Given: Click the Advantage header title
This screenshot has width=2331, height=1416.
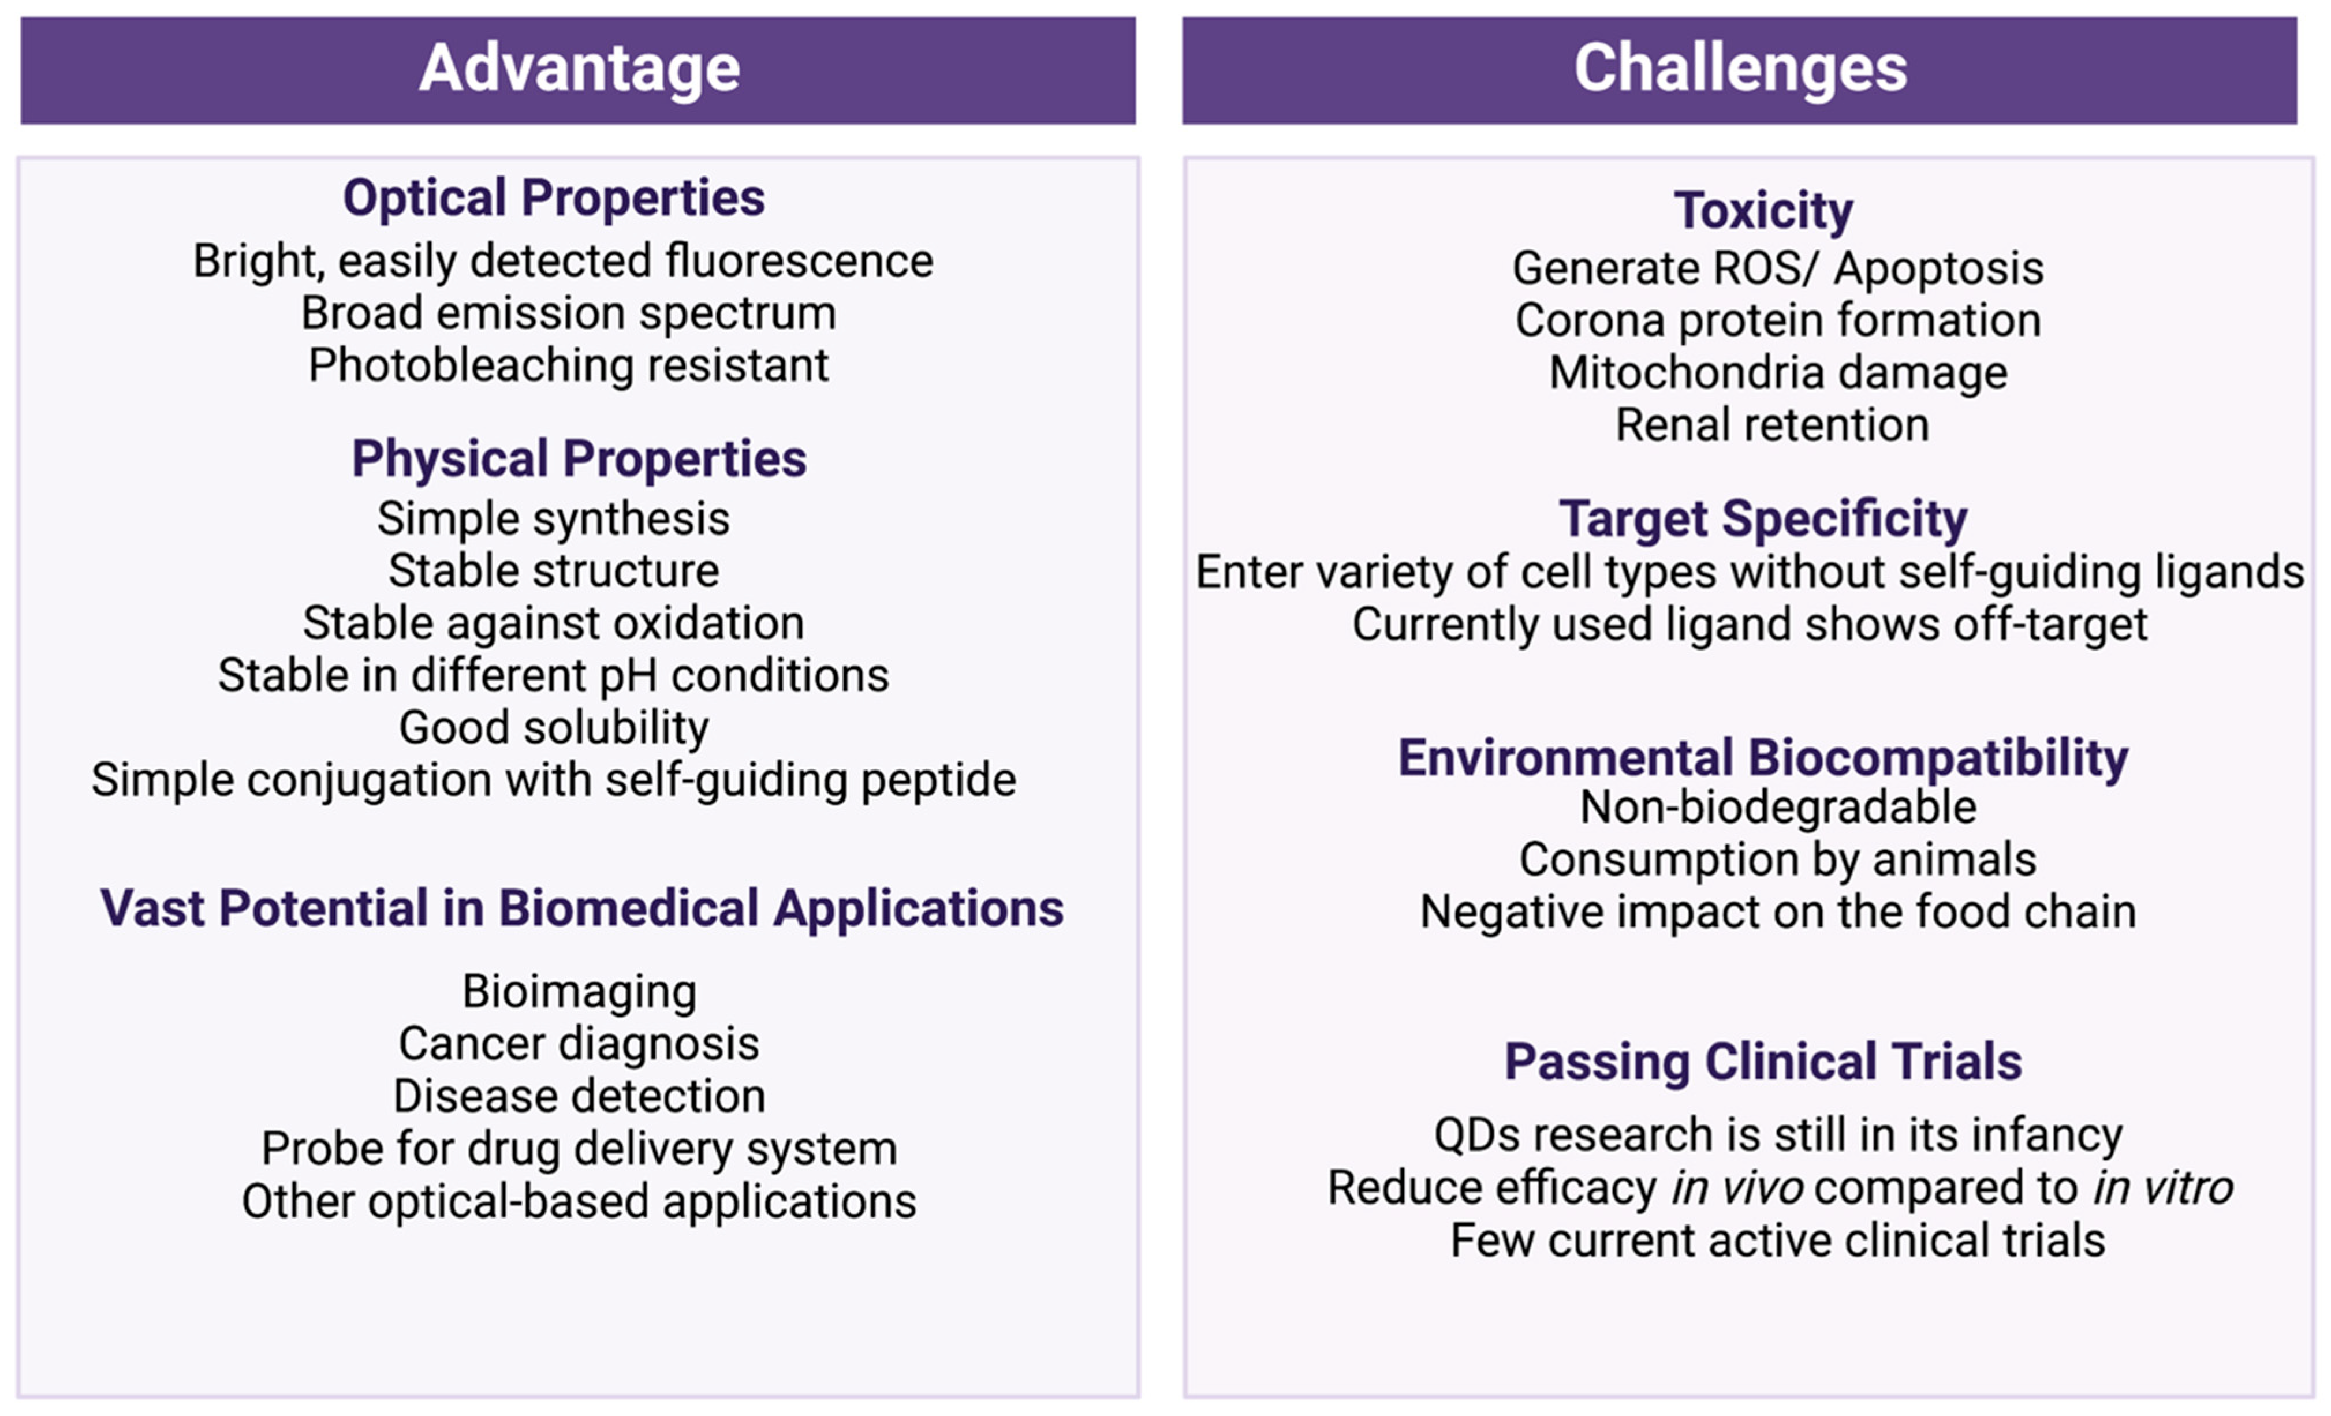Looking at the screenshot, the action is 579,70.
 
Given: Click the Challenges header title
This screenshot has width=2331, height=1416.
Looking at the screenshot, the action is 1741,69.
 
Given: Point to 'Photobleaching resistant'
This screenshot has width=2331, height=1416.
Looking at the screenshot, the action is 569,366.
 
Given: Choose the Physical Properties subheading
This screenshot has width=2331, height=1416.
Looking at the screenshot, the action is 579,459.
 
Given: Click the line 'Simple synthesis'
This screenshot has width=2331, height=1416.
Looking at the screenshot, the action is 553,520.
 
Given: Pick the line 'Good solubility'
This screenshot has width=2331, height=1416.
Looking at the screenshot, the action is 553,728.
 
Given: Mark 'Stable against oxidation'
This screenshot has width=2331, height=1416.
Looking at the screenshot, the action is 553,623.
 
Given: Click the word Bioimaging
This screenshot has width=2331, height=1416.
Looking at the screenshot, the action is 579,992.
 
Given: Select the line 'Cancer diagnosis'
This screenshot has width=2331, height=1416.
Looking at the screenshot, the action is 579,1044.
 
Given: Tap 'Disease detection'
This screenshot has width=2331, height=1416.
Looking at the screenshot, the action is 579,1096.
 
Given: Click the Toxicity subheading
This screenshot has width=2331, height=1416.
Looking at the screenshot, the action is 1763,211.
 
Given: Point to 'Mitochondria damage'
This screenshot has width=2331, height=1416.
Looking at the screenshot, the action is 1778,373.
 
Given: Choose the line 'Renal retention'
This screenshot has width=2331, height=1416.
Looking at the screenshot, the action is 1772,425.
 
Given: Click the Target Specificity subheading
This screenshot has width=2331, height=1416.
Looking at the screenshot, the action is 1763,520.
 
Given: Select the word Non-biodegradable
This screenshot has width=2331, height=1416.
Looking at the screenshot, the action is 1778,808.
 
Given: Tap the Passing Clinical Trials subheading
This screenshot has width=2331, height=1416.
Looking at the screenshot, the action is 1763,1062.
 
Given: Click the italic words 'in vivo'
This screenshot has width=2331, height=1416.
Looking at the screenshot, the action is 1737,1188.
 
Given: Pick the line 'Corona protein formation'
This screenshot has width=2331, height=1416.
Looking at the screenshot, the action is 1778,320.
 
